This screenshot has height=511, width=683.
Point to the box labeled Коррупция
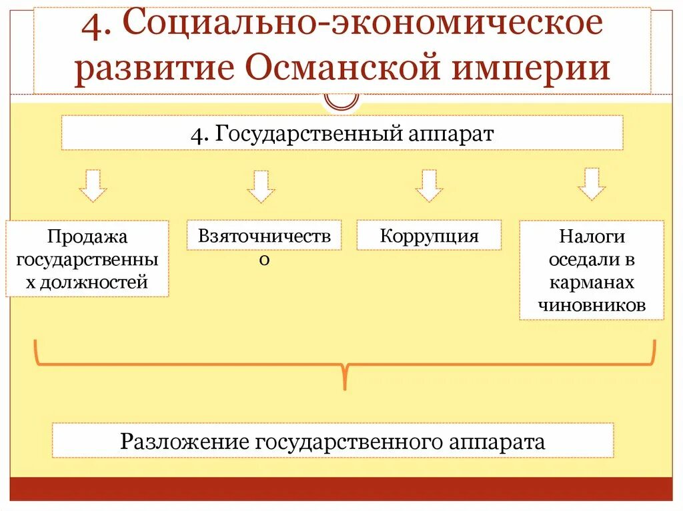tap(429, 235)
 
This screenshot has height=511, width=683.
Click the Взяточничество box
tap(264, 235)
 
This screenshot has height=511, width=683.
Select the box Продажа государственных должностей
tap(87, 258)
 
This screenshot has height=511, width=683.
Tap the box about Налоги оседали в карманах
tap(592, 270)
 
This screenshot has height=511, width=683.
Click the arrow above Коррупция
tap(429, 185)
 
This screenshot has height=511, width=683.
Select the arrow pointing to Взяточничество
tap(261, 185)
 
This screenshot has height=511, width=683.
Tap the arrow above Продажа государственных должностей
tap(93, 185)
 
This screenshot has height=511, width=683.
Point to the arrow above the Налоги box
tap(592, 184)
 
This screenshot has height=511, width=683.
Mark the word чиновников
tap(592, 305)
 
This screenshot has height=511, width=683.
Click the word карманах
tap(592, 282)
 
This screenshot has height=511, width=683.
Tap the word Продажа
tap(87, 237)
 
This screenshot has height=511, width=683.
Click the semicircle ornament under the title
tap(341, 102)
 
